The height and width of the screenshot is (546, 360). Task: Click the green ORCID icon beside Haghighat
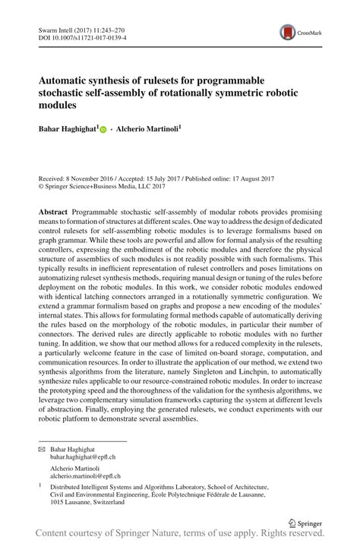(x=103, y=131)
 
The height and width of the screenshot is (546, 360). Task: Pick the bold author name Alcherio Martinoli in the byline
(x=147, y=130)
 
